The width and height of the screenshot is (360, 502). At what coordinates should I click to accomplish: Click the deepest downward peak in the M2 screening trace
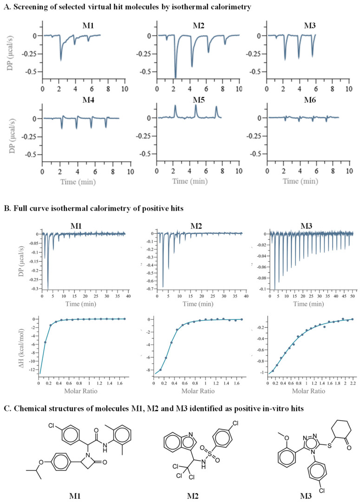coord(175,77)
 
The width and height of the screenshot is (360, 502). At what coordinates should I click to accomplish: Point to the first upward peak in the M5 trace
coord(175,106)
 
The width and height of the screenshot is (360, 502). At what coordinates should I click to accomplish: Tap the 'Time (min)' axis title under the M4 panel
coord(80,182)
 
